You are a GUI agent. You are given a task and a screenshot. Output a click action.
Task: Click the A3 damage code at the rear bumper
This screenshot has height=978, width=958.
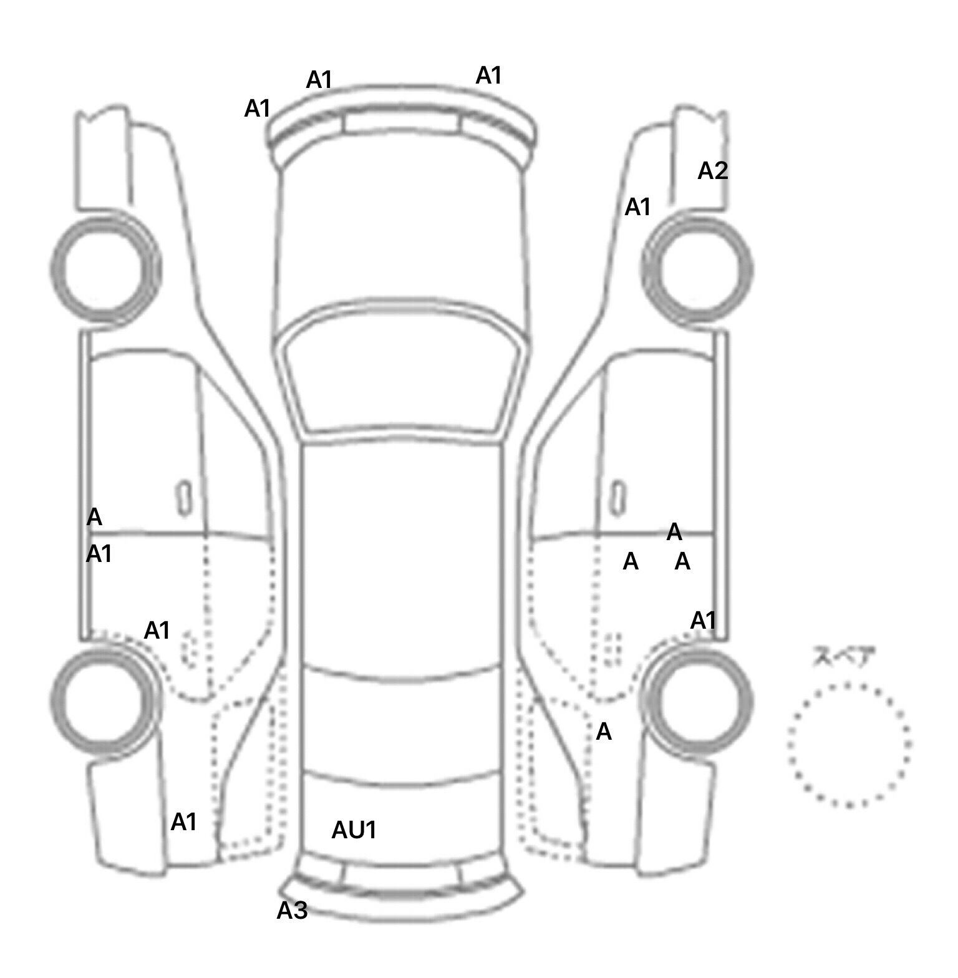coord(292,911)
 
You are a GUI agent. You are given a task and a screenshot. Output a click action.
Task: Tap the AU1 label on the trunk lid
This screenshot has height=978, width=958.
coord(354,830)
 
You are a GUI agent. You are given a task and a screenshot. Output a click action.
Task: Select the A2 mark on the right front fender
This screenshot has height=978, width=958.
coord(712,170)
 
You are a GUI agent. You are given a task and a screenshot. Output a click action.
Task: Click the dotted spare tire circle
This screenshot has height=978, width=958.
coord(848,745)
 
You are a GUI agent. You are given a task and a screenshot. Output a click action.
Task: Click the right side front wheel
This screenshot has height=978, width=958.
coord(697,269)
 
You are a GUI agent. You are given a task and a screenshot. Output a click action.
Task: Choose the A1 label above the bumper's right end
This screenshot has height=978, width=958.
coord(488,75)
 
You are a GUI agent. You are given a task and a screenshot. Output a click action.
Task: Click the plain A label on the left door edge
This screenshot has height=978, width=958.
coord(94,517)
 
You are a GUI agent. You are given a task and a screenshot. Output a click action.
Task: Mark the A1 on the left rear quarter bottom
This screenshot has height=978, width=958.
coord(183,822)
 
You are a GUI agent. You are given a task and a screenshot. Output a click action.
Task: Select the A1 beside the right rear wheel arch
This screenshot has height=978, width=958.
coord(703,621)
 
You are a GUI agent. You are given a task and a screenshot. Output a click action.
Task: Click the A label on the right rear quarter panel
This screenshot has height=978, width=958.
coord(603,732)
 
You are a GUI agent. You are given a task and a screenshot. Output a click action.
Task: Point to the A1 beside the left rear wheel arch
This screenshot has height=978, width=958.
coord(157,631)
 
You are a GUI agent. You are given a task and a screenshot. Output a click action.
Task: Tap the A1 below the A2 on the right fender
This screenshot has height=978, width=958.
coord(637,206)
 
